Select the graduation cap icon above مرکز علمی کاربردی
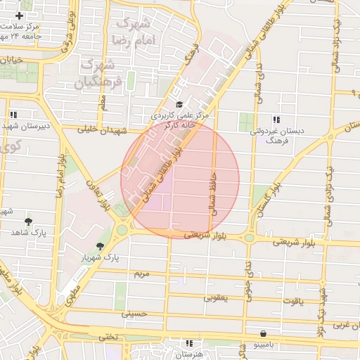pyautogui.click(x=179, y=105)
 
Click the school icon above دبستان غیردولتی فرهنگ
pyautogui.click(x=276, y=120)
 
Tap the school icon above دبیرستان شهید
pyautogui.click(x=13, y=114)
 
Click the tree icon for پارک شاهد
pyautogui.click(x=28, y=221)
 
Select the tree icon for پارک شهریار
pyautogui.click(x=100, y=246)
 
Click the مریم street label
pyautogui.click(x=143, y=273)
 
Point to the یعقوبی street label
pyautogui.click(x=217, y=297)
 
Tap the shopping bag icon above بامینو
pyautogui.click(x=263, y=334)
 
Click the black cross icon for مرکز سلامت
pyautogui.click(x=19, y=15)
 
